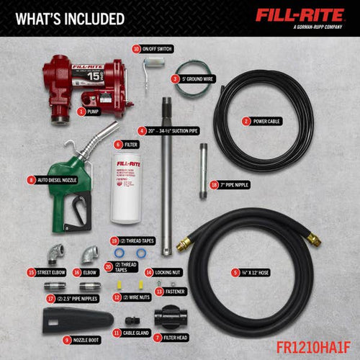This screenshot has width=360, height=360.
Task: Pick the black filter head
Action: pos(171,319)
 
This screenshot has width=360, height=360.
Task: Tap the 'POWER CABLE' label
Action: pos(265,122)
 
